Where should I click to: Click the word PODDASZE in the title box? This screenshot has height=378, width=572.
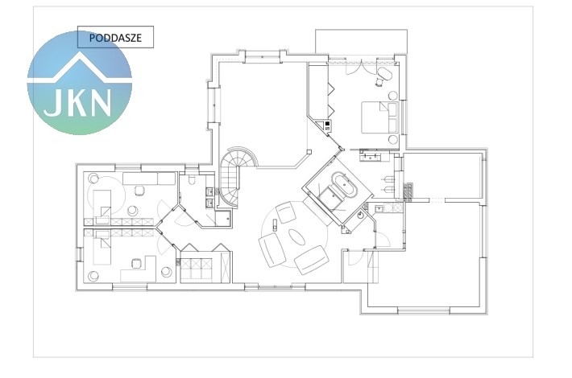point(115,38)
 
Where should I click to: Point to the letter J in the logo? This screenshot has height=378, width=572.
point(52,102)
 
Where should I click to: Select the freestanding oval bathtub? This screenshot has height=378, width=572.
point(345,186)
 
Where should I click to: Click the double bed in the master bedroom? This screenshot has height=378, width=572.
point(379,117)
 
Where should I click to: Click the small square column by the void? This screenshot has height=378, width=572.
point(309,152)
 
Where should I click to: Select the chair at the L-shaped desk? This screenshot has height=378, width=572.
point(136,263)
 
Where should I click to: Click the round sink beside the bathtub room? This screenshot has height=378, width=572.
point(361,215)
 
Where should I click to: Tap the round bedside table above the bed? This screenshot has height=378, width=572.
point(393,96)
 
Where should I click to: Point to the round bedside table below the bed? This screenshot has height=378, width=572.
point(393,139)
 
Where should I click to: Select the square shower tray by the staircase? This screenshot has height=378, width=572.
point(223,218)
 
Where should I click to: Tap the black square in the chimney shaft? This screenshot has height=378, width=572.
point(327,124)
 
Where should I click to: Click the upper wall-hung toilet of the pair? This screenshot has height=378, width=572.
point(388,179)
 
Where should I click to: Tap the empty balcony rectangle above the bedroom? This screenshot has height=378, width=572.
point(361,42)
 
